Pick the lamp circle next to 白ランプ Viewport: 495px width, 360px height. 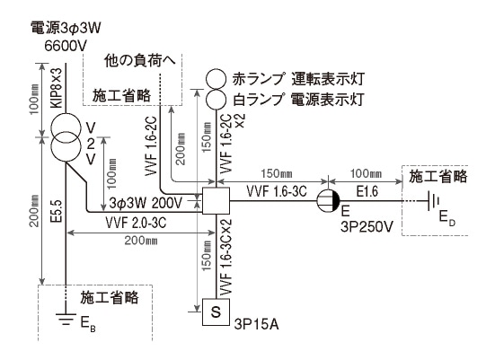click(217, 97)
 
